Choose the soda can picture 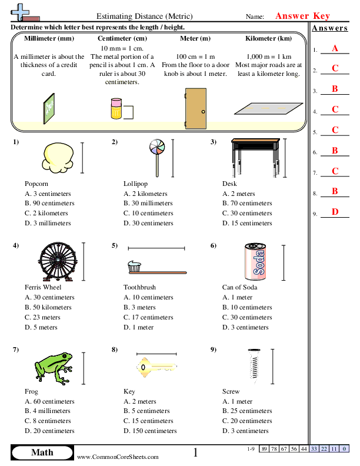(254, 261)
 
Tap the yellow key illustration (156, 367)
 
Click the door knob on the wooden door (203, 112)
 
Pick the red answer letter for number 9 (335, 212)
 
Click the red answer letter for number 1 (335, 48)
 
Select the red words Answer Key (302, 16)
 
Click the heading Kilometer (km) (268, 38)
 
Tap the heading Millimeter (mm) (49, 38)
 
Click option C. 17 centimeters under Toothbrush (148, 317)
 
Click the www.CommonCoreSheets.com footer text (118, 457)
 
